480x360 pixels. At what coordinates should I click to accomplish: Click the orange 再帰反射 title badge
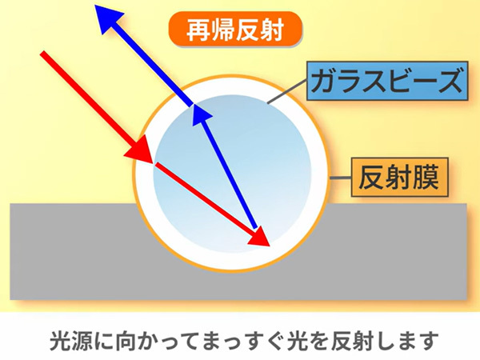coord(235,29)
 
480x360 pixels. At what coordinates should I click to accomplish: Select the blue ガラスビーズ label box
coord(387,81)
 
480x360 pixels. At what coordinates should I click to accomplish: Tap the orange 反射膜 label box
coord(399,177)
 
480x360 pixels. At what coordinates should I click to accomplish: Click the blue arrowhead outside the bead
coord(110,19)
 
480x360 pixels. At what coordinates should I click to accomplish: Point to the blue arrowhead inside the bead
coord(201,114)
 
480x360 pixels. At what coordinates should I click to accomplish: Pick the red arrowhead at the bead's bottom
coord(259,236)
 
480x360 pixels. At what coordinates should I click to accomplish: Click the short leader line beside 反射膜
coord(341,178)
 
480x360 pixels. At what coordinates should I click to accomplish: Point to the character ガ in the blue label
coord(326,81)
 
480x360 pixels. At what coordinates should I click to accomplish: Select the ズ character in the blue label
coord(449,80)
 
